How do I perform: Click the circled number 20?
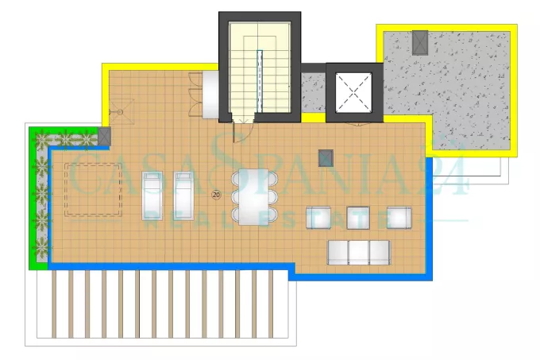click(216, 195)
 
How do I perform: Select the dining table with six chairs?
click(254, 197)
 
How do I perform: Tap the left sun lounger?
click(152, 195)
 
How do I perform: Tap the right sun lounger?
click(184, 195)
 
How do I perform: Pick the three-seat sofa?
click(359, 253)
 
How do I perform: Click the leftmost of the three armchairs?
click(318, 218)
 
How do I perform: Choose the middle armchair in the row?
click(358, 218)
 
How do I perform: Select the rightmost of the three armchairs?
click(399, 218)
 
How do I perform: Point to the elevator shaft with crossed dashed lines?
click(353, 92)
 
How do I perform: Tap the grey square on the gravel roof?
click(420, 42)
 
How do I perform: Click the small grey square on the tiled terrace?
click(326, 158)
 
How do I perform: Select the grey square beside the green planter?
click(104, 136)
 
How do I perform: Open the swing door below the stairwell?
click(242, 130)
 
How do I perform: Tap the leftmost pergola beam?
click(54, 304)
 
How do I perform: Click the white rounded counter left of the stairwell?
click(210, 94)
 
